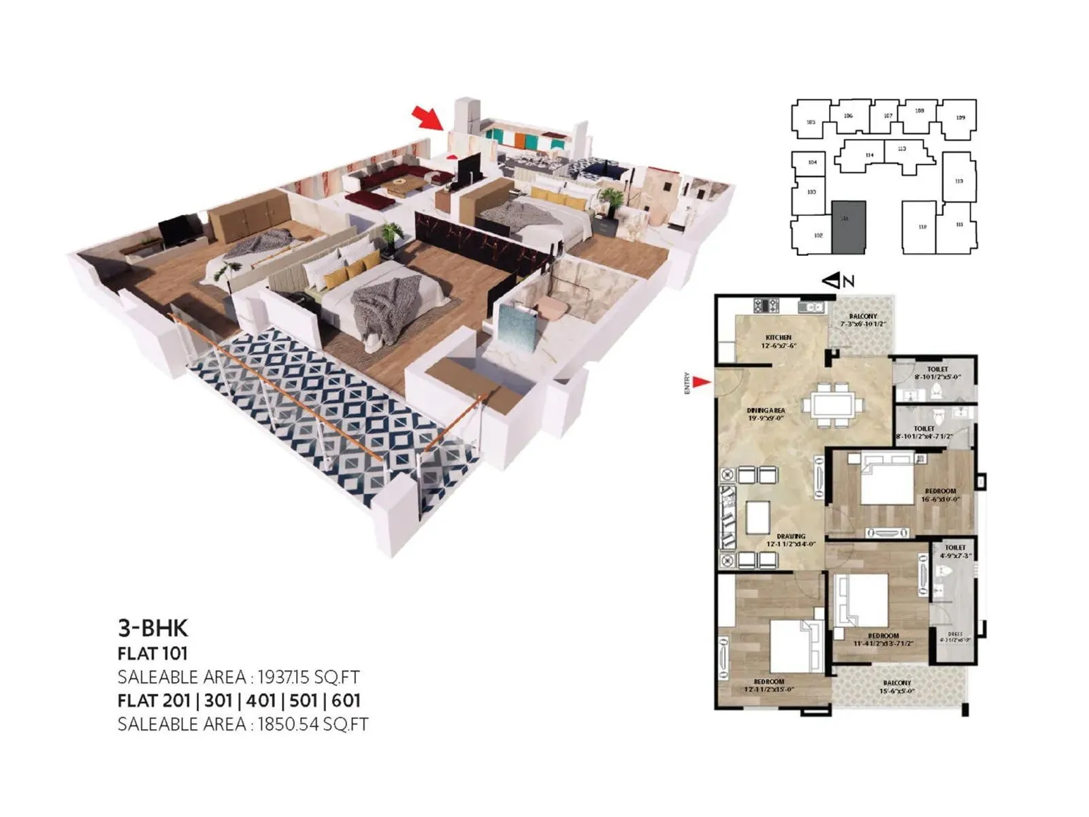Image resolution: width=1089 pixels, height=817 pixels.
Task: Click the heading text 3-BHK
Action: (152, 627)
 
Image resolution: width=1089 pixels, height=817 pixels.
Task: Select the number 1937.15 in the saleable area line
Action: (287, 677)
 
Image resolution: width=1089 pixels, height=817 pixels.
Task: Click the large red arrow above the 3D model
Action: (429, 118)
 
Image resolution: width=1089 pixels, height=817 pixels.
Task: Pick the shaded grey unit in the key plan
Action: (848, 227)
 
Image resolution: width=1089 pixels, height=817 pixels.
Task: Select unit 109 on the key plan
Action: (960, 118)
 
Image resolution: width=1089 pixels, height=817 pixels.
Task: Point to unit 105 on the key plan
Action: (810, 123)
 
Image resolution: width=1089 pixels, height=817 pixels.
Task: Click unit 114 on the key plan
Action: (869, 156)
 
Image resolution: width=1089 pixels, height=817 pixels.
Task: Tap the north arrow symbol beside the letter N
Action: (831, 280)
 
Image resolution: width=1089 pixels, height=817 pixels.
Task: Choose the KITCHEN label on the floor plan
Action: (779, 338)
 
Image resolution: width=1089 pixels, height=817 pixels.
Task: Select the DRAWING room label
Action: (791, 536)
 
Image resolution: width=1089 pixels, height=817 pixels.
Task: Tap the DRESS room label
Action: (955, 634)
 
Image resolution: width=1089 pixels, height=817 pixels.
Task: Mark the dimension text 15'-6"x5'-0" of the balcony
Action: (896, 691)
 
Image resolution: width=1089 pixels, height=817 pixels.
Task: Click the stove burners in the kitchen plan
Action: (765, 306)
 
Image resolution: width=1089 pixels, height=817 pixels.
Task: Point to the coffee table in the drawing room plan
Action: (758, 517)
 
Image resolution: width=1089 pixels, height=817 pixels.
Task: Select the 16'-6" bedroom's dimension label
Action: (940, 499)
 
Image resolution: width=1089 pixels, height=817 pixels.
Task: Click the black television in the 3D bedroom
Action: (176, 230)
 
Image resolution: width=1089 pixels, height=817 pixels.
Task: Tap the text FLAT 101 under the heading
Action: (152, 654)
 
